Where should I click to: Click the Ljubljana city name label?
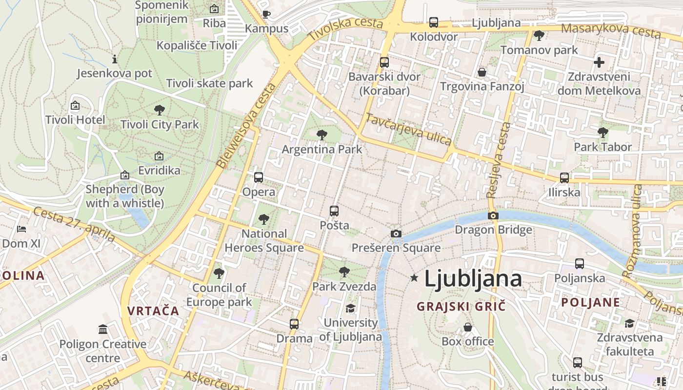(473, 278)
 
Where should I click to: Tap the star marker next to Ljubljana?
(414, 278)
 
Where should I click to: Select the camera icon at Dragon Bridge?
(493, 215)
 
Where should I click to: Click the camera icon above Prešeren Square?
(396, 234)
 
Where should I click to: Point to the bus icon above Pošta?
(334, 211)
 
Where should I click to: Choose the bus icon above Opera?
(259, 177)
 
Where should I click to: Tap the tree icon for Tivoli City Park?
(159, 110)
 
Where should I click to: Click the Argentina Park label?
(322, 149)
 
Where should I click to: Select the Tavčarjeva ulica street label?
(408, 130)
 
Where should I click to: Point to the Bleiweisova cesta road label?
(246, 126)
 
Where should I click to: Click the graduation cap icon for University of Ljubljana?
(350, 308)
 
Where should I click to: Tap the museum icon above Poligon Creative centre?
(103, 330)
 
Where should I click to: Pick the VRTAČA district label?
(153, 311)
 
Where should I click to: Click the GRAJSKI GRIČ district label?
(461, 307)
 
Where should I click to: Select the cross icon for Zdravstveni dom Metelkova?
(599, 62)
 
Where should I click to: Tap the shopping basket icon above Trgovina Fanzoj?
(482, 72)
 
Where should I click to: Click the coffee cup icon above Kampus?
(266, 14)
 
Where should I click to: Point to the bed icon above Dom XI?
(21, 229)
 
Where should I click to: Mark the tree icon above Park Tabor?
(603, 132)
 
